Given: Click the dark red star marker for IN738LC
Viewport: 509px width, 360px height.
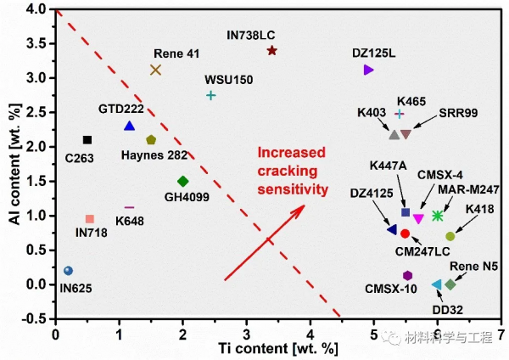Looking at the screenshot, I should pos(271,51).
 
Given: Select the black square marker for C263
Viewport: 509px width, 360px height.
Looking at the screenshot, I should pos(87,140).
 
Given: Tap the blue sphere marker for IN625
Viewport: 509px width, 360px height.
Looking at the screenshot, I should pos(68,271).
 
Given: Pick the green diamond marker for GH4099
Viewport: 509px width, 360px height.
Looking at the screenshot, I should pos(182,181).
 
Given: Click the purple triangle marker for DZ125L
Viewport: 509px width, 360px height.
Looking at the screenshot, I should pos(368,70).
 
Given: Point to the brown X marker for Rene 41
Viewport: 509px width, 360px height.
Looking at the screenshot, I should pos(155,70).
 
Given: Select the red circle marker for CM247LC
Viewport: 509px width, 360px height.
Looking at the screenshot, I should pos(406,233).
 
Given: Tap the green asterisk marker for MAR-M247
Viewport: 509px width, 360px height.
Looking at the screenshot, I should pos(438,217).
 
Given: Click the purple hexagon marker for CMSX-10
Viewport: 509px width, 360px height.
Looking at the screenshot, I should pos(408,275).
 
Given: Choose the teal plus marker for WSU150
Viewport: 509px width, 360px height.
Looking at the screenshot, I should pos(211,95).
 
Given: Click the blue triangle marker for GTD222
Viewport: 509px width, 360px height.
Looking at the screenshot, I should pos(129,126).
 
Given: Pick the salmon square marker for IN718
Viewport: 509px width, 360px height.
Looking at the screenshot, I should pos(90,219).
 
